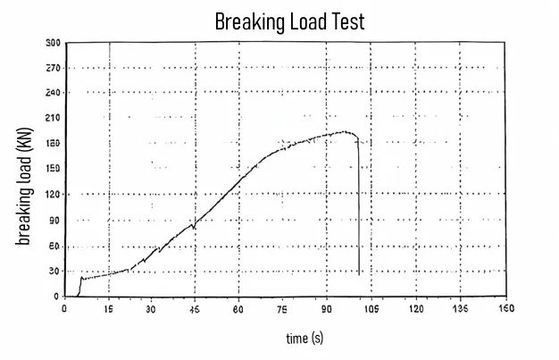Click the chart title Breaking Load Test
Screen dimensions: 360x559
289,21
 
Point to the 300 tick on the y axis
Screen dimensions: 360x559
52,42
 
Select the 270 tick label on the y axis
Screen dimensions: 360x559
52,68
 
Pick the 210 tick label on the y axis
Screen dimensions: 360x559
52,118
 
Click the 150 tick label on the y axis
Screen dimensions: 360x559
52,169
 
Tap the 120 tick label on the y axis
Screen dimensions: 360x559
52,195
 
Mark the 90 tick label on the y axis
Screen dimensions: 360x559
54,220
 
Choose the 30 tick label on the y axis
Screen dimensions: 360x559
54,271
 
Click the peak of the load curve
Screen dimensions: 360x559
344,132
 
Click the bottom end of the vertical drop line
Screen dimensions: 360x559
360,274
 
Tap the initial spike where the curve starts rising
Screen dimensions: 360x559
81,277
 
